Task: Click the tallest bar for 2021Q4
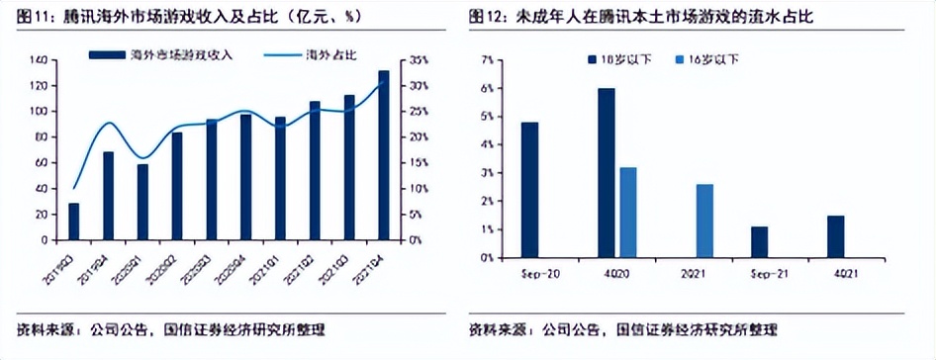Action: pyautogui.click(x=384, y=155)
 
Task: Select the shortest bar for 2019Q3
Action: pyautogui.click(x=73, y=222)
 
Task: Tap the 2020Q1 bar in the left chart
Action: pyautogui.click(x=142, y=202)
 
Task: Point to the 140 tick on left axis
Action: pyautogui.click(x=39, y=60)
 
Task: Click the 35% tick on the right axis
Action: pyautogui.click(x=418, y=60)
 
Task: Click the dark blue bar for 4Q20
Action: pyautogui.click(x=607, y=173)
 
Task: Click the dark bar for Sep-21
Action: pyautogui.click(x=759, y=242)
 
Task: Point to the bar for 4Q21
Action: pyautogui.click(x=836, y=236)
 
